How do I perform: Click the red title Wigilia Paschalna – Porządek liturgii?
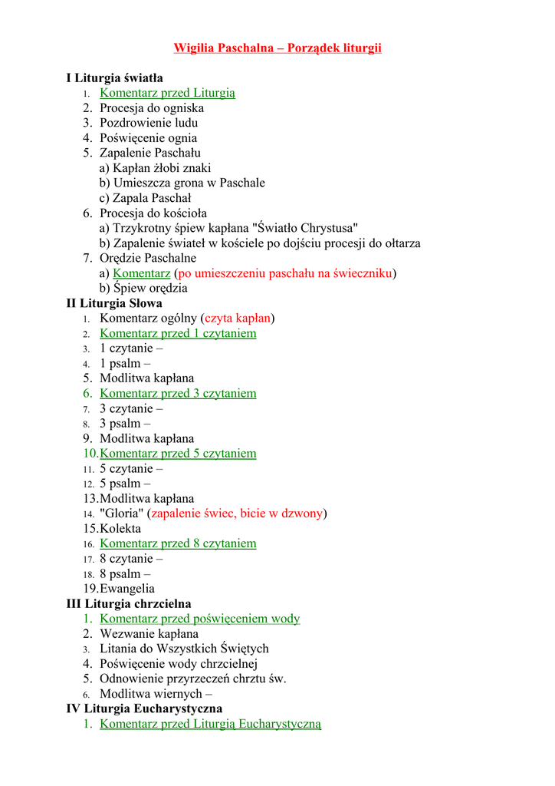(277, 48)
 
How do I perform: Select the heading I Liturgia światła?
(114, 78)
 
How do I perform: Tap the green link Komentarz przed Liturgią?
(167, 93)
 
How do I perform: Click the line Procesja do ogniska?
(152, 108)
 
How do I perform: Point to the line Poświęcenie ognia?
(148, 138)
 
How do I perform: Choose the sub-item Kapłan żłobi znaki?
(155, 168)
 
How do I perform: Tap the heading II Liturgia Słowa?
(114, 303)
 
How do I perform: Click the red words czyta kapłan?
(238, 318)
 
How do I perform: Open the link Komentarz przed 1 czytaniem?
(178, 333)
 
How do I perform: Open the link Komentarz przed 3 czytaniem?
(178, 393)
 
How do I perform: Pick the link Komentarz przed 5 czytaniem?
(178, 453)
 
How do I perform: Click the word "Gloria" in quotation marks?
(121, 514)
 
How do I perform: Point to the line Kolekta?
(120, 528)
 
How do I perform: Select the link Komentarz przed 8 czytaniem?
(178, 543)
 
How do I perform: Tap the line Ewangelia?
(127, 589)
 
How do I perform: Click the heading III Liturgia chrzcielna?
(129, 603)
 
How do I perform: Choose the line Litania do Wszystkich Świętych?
(184, 649)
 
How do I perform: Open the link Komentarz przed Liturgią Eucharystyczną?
(210, 724)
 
